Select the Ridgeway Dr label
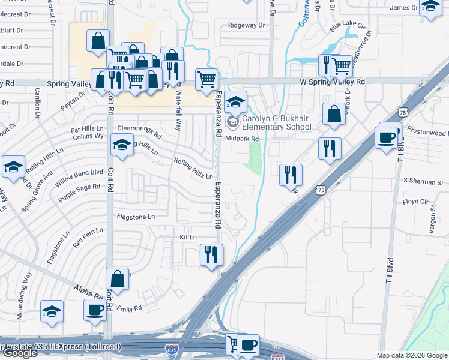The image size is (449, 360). point(246,26)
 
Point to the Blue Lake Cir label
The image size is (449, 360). point(347,26)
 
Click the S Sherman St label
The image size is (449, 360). point(423,181)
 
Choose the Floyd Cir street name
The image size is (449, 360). point(415,202)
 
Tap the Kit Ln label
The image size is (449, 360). point(188,238)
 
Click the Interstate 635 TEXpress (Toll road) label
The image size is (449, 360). point(61,347)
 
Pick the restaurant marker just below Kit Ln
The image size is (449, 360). point(211,254)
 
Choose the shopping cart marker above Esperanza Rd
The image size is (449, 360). point(206,79)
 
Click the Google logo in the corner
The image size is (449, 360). point(20,353)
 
